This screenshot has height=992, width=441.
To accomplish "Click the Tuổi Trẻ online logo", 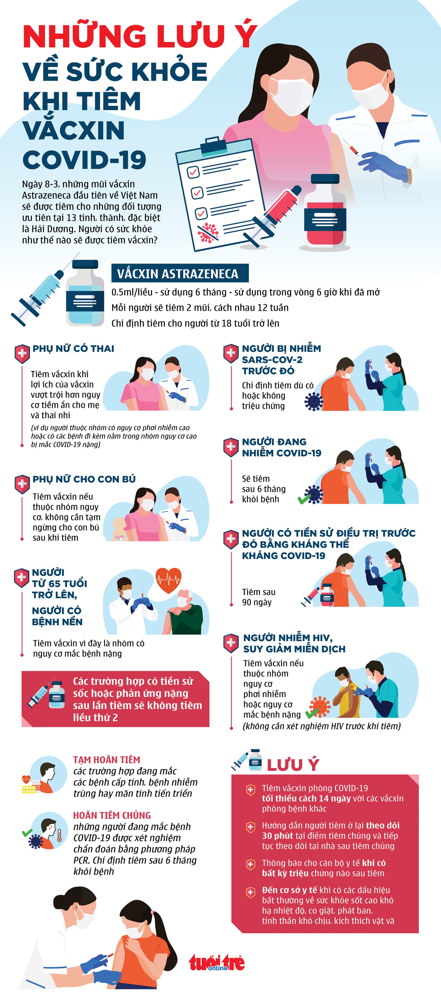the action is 217,962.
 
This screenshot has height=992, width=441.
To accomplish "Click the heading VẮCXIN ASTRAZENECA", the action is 178,273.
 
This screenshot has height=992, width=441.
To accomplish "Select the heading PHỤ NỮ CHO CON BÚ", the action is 84,479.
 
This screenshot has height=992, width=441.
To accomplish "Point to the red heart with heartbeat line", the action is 168,580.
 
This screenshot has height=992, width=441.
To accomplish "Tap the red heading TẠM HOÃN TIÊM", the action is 107,760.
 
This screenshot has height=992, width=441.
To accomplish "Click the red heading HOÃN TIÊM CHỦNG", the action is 112,815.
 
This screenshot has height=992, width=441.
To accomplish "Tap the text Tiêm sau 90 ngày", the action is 259,597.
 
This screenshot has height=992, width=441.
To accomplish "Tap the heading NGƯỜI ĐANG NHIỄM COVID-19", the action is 282,447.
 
